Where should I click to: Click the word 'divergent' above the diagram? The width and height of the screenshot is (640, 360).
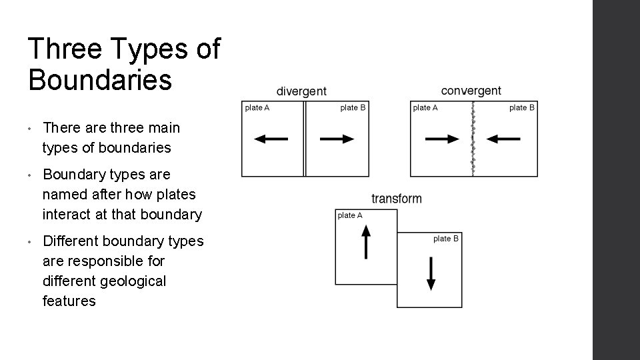click(301, 91)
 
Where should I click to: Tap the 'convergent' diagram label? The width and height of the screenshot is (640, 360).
click(471, 91)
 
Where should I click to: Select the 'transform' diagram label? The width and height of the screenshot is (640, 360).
click(397, 199)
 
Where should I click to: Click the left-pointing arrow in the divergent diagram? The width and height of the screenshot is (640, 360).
click(271, 139)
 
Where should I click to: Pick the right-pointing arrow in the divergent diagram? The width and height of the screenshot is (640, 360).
click(337, 139)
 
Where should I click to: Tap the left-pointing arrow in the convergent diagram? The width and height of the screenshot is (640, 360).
click(503, 139)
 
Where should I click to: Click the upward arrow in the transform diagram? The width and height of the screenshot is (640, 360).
click(365, 241)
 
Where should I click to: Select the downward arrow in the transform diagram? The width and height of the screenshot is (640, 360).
click(431, 273)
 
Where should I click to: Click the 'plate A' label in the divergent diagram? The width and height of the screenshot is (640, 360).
click(257, 108)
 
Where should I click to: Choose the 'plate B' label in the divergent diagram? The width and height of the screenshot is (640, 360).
click(353, 108)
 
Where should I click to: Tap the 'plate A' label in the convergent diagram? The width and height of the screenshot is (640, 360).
click(425, 108)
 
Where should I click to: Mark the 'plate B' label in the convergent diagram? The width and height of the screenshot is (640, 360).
click(522, 108)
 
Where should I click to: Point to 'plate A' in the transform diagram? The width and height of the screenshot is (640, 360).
click(350, 215)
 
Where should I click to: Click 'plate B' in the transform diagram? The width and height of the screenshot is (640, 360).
click(445, 239)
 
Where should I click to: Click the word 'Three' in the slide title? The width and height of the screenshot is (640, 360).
click(65, 50)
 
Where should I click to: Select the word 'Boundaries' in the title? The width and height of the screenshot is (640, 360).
click(100, 80)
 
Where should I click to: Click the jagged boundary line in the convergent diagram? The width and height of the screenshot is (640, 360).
click(473, 139)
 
